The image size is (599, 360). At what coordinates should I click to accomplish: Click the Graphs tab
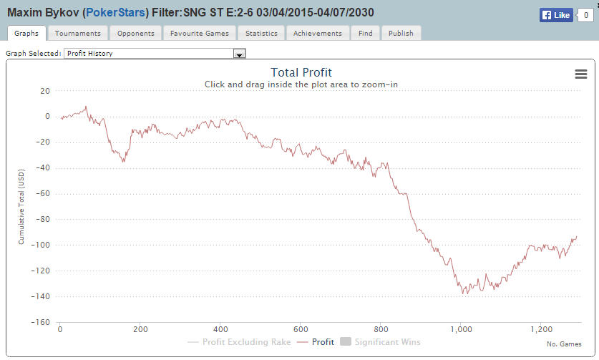click(x=26, y=33)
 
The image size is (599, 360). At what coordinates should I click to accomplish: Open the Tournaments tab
click(x=78, y=33)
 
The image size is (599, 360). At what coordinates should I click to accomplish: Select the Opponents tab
click(x=135, y=33)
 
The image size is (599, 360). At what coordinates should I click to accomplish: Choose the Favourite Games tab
click(x=199, y=33)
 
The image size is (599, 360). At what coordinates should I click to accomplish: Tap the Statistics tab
click(x=260, y=33)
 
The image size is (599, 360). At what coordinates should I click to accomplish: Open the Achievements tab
click(x=318, y=33)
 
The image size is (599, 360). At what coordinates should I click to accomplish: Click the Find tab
click(x=365, y=33)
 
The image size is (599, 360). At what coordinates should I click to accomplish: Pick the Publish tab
click(x=401, y=33)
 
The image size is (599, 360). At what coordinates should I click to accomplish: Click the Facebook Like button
click(x=556, y=14)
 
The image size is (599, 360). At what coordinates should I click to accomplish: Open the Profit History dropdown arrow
click(x=240, y=54)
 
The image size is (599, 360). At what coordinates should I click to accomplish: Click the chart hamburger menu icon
click(x=580, y=74)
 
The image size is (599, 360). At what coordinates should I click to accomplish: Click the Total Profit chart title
click(x=301, y=72)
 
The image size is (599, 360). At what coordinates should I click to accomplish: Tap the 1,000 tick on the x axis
click(x=462, y=330)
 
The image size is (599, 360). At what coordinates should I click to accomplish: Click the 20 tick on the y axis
click(x=45, y=90)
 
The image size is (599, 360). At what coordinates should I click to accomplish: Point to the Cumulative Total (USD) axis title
click(x=21, y=208)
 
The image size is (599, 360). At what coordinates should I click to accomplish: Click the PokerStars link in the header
click(x=115, y=14)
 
